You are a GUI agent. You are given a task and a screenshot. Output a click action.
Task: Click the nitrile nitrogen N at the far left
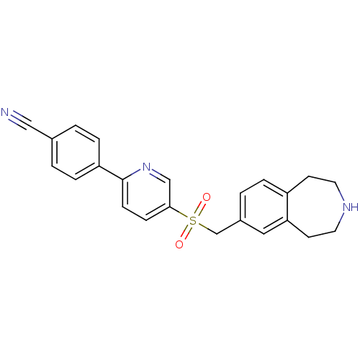[x=5, y=112]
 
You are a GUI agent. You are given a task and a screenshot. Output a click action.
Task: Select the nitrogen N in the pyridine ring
[x=146, y=166]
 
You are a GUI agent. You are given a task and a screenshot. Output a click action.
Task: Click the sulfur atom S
[x=193, y=220]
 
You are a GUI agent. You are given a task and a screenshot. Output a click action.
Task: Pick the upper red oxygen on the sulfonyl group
[x=207, y=197]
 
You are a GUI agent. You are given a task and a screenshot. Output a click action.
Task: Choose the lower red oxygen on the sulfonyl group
[x=179, y=244]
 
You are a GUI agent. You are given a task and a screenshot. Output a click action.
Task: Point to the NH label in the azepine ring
[x=351, y=207]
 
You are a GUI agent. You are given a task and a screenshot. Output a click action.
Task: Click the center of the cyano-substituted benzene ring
[x=76, y=153]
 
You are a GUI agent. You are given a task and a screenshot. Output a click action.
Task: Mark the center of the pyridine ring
[x=146, y=193]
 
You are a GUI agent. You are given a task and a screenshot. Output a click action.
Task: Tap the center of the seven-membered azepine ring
[x=315, y=207]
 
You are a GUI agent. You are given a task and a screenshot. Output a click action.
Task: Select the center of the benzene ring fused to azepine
[x=264, y=207]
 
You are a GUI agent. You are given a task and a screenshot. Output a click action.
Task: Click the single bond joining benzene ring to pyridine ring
[x=111, y=173]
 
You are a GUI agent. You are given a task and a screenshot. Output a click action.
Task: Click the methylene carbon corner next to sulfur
[x=217, y=233]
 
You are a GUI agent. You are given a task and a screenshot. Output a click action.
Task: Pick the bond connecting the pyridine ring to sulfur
[x=179, y=212]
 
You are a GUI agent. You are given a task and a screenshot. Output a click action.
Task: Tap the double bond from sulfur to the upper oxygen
[x=199, y=209]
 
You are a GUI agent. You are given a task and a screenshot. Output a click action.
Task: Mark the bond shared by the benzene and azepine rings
[x=287, y=207]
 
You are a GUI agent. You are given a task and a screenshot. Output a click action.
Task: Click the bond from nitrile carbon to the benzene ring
[x=41, y=132]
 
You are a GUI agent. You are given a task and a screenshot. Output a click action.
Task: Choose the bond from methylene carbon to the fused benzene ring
[x=228, y=227]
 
